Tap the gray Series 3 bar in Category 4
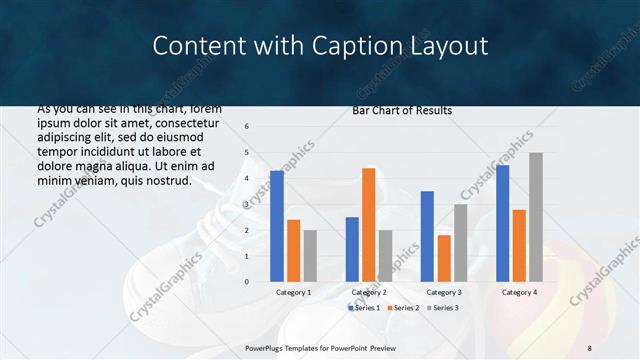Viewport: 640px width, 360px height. click(x=536, y=217)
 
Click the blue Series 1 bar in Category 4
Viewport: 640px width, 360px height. click(x=502, y=223)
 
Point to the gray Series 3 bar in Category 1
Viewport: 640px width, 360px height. click(x=310, y=256)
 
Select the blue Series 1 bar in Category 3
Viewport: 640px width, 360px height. click(x=427, y=236)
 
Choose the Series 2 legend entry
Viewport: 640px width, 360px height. click(x=402, y=307)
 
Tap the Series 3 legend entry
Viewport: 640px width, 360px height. click(x=442, y=307)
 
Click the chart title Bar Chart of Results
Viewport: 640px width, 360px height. click(x=402, y=110)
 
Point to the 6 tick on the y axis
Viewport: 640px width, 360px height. click(x=247, y=127)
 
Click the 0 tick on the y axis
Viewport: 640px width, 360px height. click(x=247, y=282)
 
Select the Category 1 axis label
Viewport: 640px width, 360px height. click(x=293, y=292)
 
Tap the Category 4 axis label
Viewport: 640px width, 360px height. click(x=518, y=292)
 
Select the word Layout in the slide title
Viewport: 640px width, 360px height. click(x=451, y=46)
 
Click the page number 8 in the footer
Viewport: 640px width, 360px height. click(x=589, y=347)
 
